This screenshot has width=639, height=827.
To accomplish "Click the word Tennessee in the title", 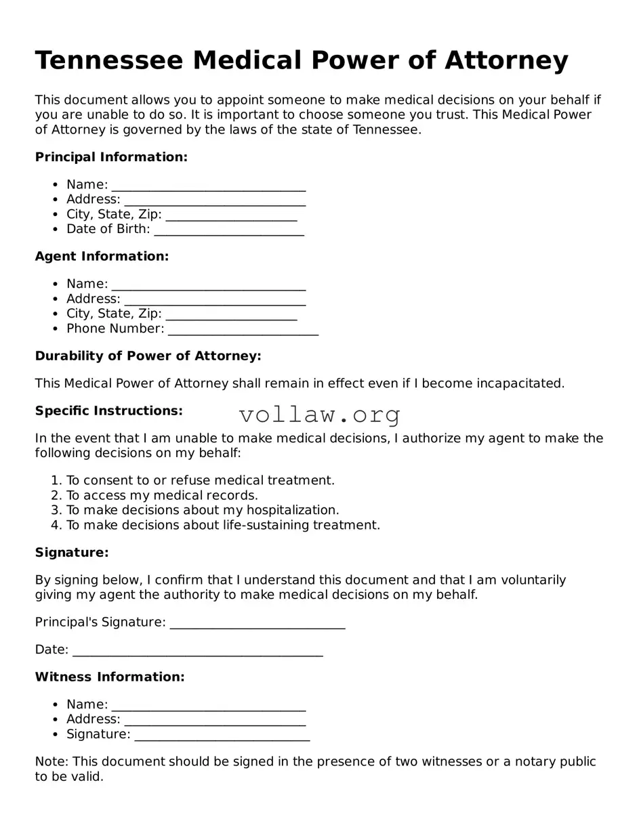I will point(108,61).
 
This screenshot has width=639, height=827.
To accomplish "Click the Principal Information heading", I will point(111,157).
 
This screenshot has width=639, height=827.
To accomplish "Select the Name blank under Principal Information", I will point(209,186).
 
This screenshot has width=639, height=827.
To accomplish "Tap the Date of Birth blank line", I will point(229,230).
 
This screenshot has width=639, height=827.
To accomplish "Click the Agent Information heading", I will point(102,257).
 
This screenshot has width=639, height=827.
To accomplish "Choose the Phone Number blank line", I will point(243,330).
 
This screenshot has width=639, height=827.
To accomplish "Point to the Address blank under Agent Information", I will point(215,300).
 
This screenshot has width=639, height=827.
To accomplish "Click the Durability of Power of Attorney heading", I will point(148,356).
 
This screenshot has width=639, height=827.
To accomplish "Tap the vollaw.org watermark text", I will point(320,415).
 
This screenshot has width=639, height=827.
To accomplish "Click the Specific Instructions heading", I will point(108,411).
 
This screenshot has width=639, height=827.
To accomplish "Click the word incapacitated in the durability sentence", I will point(520,383).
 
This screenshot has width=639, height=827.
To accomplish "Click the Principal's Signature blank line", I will point(257,623).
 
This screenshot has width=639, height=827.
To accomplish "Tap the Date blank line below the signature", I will point(197,651).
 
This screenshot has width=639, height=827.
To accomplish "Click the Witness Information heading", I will point(110,677).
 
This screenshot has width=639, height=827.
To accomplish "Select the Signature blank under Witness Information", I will point(222,736).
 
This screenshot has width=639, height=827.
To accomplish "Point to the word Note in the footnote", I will point(51,762).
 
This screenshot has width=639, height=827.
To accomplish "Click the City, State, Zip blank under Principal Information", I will point(231,215).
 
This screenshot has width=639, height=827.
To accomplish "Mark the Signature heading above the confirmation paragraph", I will point(72,553).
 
